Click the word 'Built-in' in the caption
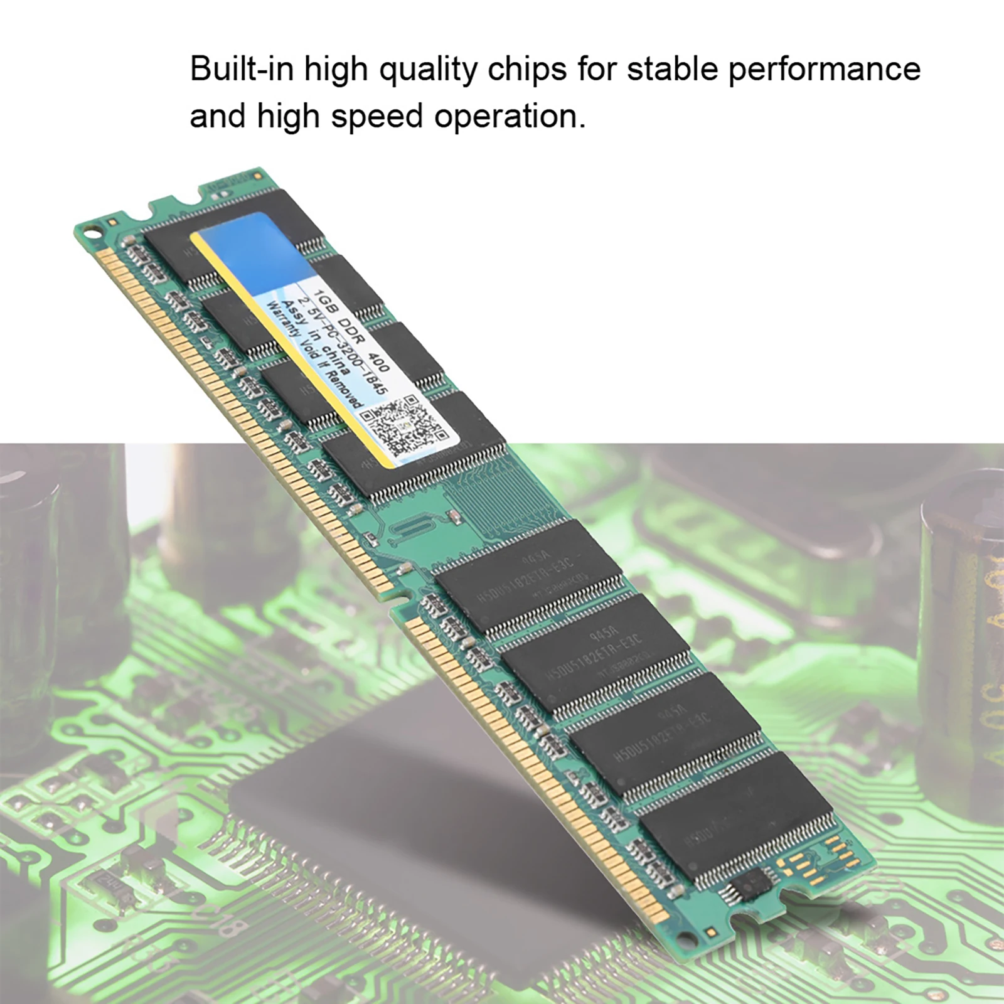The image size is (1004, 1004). point(242,69)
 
